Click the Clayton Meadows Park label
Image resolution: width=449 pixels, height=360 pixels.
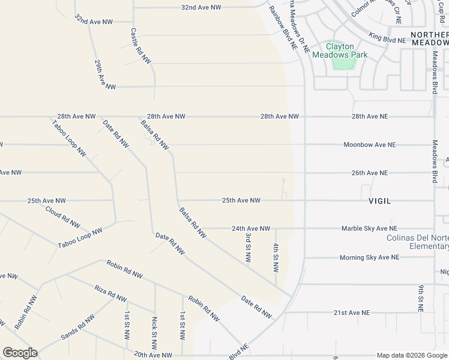coord(340,50)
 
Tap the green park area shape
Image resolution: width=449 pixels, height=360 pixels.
coord(341,62)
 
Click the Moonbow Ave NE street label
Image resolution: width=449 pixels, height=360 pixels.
coord(369,145)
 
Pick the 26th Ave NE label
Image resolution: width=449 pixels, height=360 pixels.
coord(370,173)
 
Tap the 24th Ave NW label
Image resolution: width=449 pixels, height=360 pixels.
coord(251,229)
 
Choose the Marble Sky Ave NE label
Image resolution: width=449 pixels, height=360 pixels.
coord(369,229)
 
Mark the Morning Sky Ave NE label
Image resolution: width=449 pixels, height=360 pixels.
coord(369,257)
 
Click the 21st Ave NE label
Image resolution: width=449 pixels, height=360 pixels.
coord(352,313)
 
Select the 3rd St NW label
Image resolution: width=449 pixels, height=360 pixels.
coord(247,247)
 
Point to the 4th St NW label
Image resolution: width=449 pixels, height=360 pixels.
coord(276,256)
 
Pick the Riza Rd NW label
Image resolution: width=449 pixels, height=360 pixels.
coord(110,294)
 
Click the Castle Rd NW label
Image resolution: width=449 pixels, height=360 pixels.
coord(142,46)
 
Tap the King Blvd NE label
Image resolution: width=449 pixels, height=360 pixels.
coord(387,39)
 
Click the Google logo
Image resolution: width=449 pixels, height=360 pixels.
coord(20,353)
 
